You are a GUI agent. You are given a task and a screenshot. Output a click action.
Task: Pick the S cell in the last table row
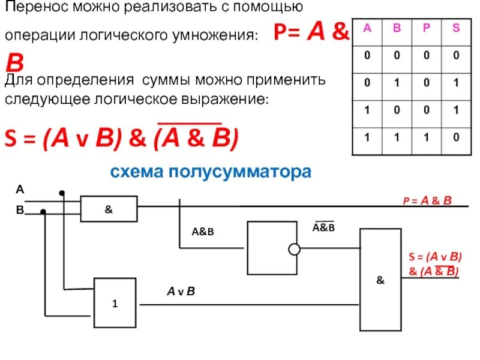click(455, 137)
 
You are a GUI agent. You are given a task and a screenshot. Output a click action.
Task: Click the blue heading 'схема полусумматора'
click(211, 173)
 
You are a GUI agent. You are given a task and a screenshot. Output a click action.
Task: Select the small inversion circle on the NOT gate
click(293, 249)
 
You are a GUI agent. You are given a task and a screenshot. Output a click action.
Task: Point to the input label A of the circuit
click(19, 190)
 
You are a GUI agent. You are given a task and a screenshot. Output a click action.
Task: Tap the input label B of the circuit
click(19, 210)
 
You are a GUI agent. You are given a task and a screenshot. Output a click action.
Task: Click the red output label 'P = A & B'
click(427, 200)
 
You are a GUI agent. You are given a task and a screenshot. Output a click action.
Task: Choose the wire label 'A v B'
click(181, 292)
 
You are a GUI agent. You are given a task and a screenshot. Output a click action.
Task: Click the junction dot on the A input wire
click(61, 193)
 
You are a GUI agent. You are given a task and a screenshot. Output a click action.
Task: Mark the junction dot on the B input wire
click(43, 212)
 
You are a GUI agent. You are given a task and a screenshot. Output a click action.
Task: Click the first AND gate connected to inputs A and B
click(109, 210)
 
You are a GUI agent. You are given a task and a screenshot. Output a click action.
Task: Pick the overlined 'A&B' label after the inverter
click(324, 227)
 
